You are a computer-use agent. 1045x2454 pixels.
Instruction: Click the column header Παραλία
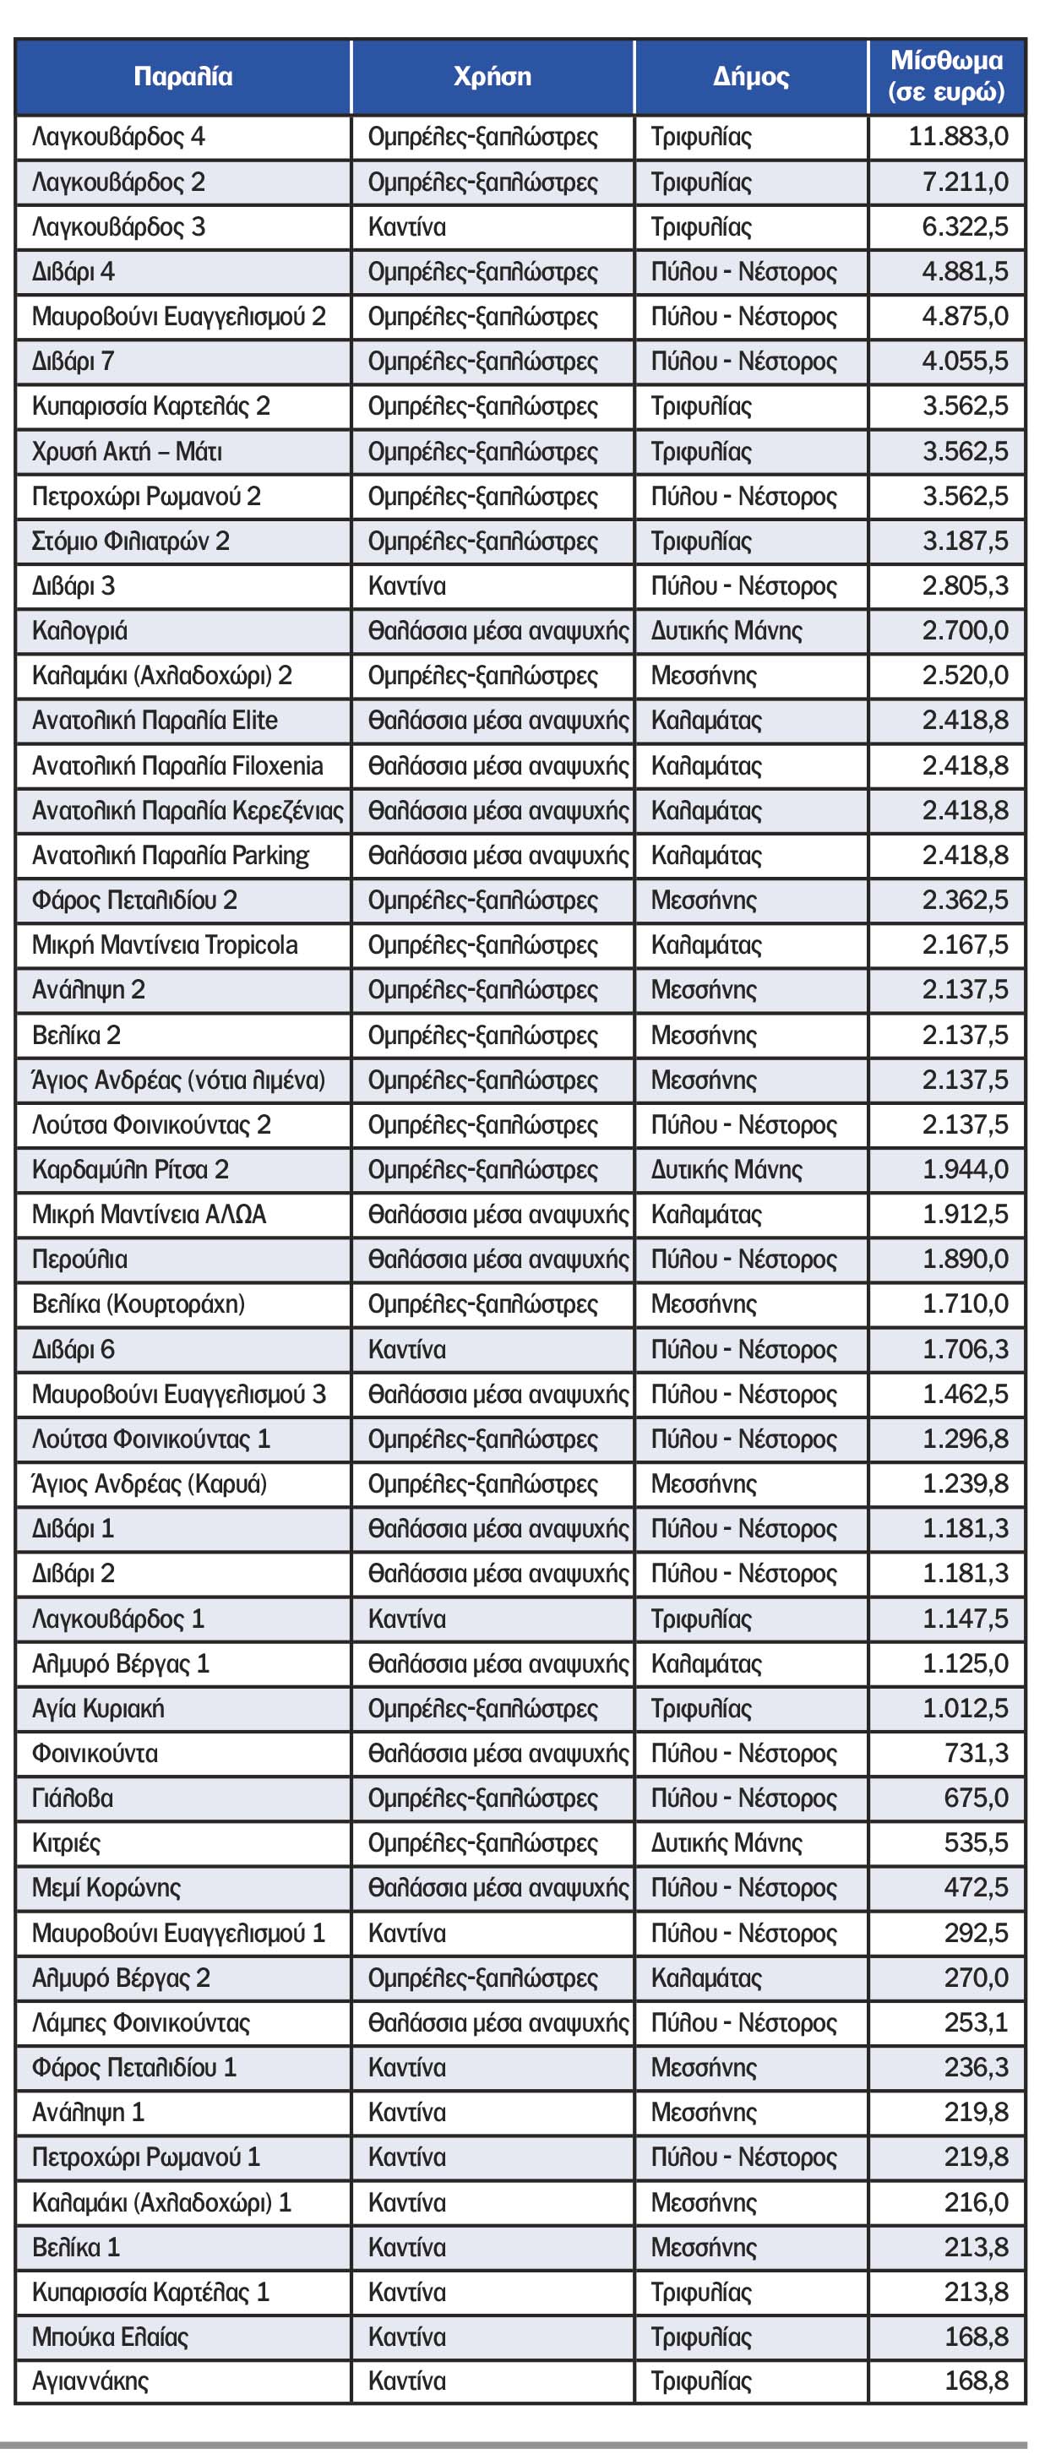183,77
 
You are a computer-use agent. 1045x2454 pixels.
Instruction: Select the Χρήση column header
492,77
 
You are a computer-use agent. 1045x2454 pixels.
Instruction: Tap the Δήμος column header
751,77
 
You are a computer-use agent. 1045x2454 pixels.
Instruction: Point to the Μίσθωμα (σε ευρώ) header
946,76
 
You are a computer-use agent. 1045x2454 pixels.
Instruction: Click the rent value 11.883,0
957,136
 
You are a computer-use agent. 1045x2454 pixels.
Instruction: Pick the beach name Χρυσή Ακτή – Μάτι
127,450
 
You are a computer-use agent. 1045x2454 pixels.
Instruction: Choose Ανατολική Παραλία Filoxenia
177,766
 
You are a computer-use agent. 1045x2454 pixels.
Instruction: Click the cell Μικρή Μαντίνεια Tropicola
165,945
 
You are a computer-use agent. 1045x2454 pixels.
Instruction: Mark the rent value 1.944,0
964,1169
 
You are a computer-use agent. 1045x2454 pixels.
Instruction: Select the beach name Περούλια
80,1260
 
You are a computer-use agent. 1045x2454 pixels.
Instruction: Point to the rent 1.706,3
964,1349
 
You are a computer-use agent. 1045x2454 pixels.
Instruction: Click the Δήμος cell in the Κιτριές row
726,1842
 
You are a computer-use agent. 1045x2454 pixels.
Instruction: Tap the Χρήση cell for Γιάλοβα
482,1798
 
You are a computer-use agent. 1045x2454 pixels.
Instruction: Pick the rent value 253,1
976,2022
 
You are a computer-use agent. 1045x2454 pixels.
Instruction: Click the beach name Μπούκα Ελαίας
111,2337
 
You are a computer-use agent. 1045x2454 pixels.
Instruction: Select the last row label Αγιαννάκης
90,2381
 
